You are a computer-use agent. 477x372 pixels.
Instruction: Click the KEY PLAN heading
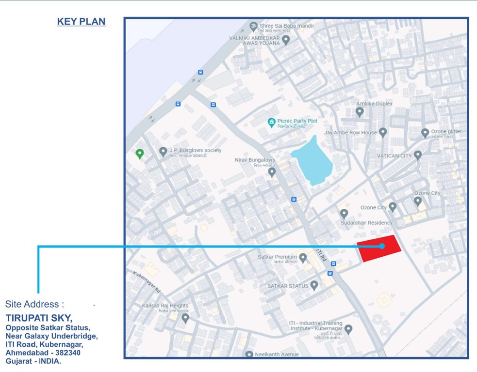[x=81, y=22]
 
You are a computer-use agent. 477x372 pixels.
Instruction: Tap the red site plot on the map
[x=379, y=248]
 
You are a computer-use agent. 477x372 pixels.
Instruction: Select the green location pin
[x=140, y=154]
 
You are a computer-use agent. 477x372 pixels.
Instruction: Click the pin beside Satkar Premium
[x=303, y=257]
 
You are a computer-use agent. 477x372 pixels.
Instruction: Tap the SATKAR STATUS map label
[x=288, y=286]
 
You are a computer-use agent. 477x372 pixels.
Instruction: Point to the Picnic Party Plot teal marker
[x=272, y=122]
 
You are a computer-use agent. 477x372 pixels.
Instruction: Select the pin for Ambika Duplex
[x=360, y=112]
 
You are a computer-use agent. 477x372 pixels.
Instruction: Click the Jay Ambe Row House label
[x=350, y=132]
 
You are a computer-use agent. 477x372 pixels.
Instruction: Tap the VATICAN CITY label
[x=394, y=156]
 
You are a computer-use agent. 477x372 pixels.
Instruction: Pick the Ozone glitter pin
[x=425, y=132]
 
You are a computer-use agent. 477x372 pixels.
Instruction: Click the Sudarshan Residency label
[x=366, y=223]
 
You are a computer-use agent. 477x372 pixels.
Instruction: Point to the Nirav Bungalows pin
[x=272, y=171]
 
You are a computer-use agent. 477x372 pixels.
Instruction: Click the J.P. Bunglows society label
[x=197, y=150]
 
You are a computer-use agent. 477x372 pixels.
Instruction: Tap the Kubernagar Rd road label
[x=146, y=281]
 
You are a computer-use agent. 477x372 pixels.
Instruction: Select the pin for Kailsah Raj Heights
[x=185, y=318]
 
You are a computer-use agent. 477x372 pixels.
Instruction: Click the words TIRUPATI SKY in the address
[x=39, y=318]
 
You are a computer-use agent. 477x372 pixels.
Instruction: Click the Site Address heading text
[x=35, y=304]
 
